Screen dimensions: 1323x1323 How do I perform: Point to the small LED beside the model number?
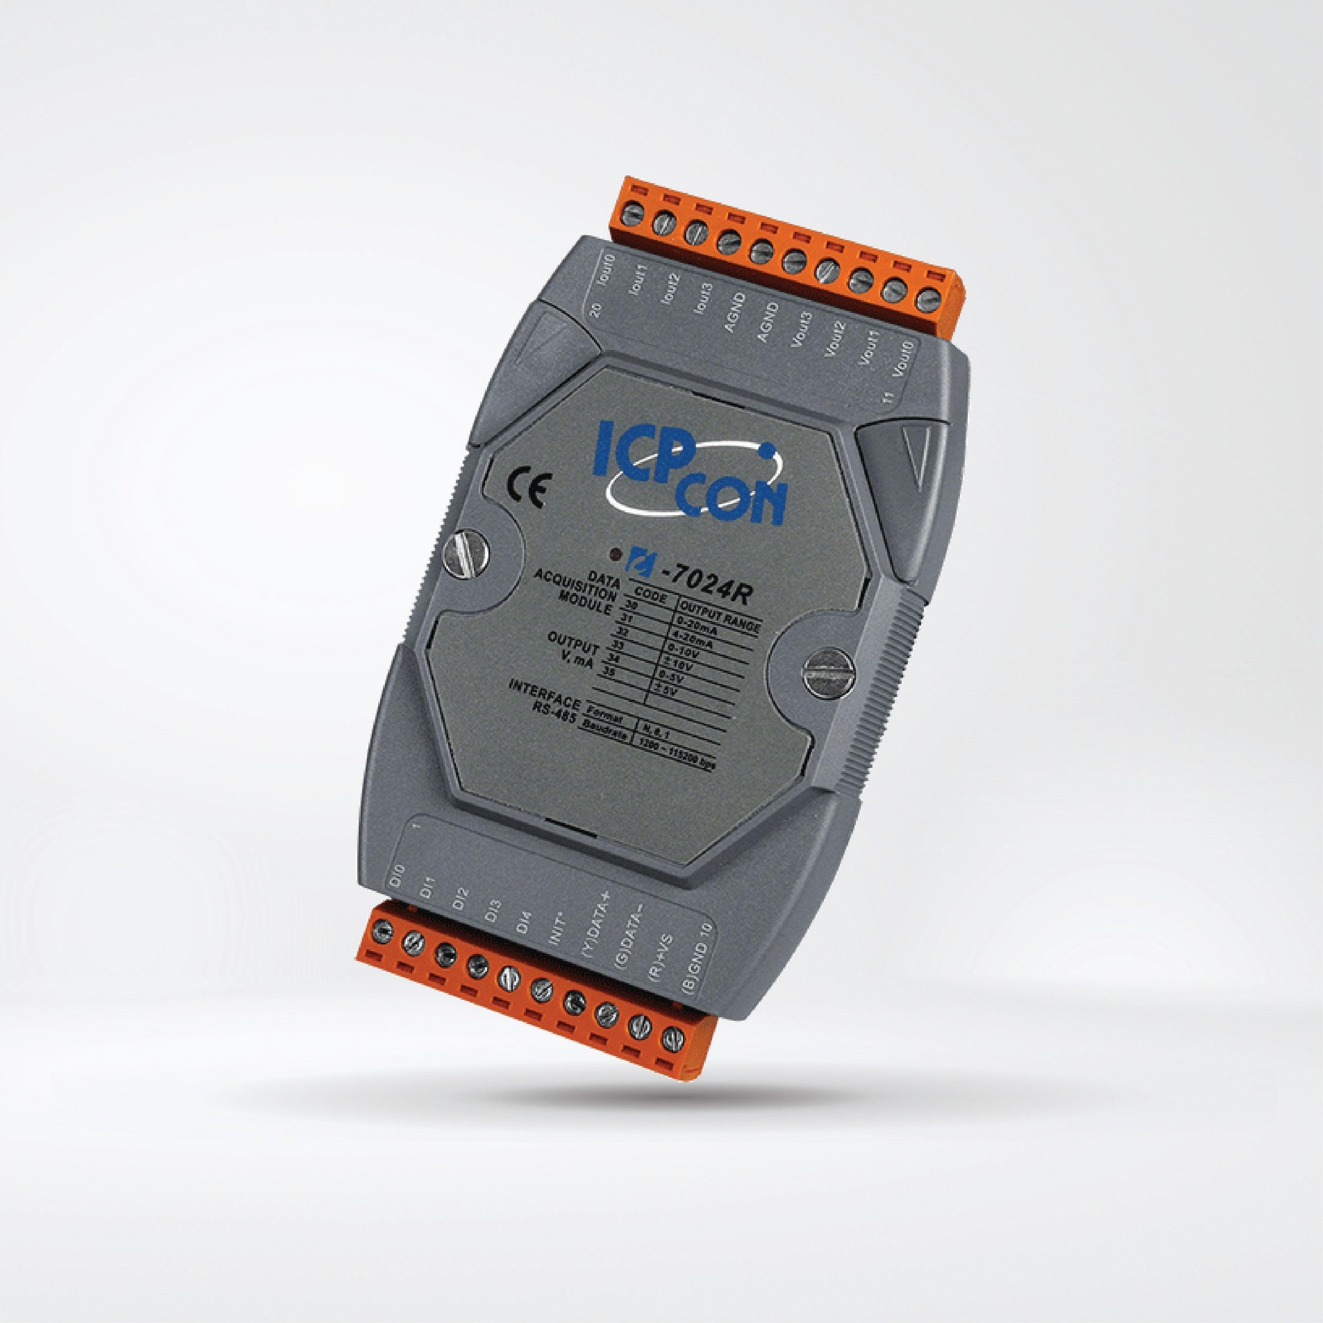point(616,553)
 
